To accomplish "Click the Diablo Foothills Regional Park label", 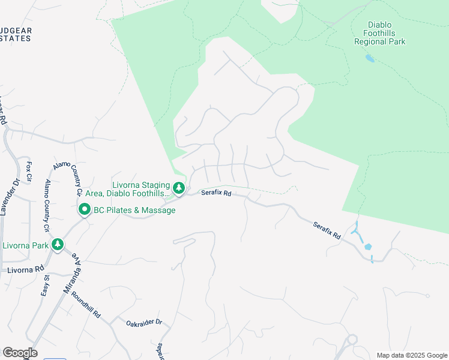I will coord(379,34).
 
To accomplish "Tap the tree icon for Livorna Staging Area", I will coord(179,188).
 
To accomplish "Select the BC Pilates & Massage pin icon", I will coord(84,210).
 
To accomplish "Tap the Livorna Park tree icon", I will coord(58,244).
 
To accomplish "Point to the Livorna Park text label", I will coord(25,245).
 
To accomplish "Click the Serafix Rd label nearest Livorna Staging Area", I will coord(216,193).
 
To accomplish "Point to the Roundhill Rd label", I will coord(85,304).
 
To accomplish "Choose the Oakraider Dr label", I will coord(144,323).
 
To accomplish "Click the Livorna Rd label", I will coord(26,270).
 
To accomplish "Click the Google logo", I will coord(20,353).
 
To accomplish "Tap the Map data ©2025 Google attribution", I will coord(411,355).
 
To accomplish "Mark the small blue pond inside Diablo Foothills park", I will coord(369,58).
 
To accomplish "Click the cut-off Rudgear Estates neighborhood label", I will coord(15,34).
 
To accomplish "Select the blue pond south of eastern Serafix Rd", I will coord(367,247).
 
